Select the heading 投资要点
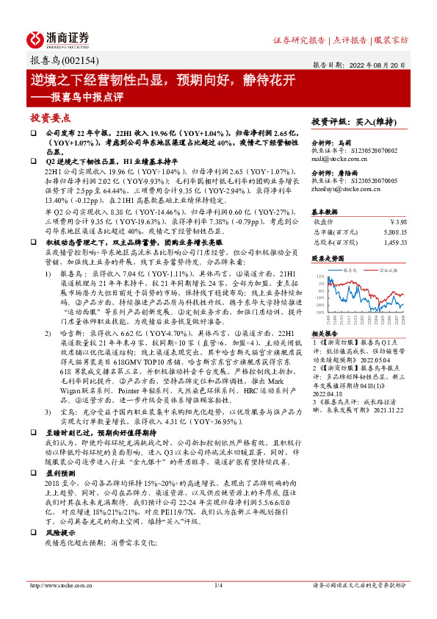(51, 118)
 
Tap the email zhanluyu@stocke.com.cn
(347, 190)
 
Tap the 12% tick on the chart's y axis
(320, 276)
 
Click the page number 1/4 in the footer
(218, 585)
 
